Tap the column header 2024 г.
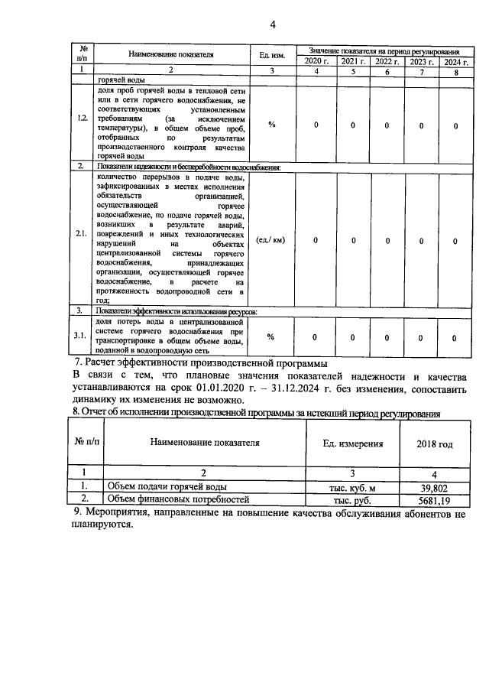455,61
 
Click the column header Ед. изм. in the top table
272,55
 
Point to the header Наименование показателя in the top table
170,55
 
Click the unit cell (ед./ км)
271,240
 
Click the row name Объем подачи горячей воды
166,486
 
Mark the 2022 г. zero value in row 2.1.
387,240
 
